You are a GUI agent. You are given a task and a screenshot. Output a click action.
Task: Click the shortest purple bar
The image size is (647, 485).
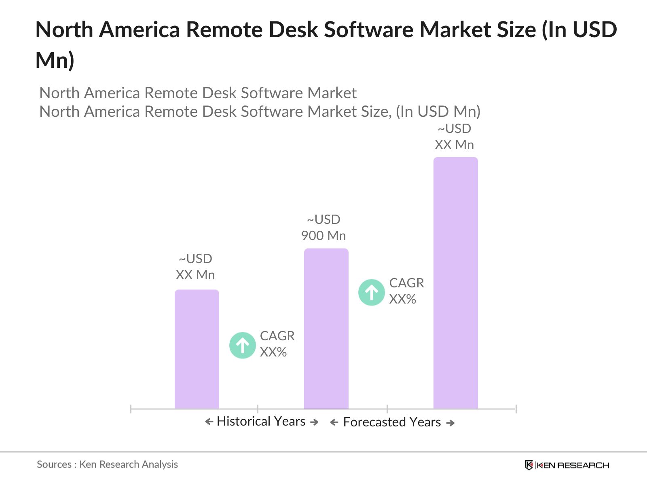197,349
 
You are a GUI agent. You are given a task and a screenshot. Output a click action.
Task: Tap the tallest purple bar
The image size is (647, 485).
456,283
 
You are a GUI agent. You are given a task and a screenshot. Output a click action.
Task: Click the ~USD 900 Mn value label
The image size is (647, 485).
323,228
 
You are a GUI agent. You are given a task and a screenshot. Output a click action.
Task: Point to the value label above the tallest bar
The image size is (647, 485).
455,137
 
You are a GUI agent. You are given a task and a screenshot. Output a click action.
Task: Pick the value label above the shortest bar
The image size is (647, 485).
195,267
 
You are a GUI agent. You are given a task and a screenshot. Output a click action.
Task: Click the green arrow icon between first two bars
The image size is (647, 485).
243,345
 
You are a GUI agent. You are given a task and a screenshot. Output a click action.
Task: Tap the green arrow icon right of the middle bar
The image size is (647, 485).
372,292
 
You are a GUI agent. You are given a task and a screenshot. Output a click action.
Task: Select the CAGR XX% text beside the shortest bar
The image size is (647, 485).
277,344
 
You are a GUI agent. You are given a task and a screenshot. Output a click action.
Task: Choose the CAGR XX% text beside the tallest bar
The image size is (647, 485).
406,291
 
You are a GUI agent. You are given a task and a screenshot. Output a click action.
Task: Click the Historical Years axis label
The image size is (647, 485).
261,421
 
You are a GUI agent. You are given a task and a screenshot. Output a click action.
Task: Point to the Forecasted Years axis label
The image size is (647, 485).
392,422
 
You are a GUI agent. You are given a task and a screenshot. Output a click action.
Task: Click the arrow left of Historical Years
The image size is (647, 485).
209,422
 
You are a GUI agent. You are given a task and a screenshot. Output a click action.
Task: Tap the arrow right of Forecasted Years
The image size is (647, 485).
450,423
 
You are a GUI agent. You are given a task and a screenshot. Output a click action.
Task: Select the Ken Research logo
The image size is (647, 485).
567,465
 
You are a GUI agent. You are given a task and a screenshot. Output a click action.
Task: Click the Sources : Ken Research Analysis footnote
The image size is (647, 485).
107,464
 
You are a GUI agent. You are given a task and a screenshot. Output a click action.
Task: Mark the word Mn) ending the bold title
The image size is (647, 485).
55,60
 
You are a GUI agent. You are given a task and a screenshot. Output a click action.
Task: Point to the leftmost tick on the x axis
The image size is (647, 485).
131,409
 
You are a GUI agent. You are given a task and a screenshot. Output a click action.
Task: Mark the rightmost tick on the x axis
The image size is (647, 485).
516,409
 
